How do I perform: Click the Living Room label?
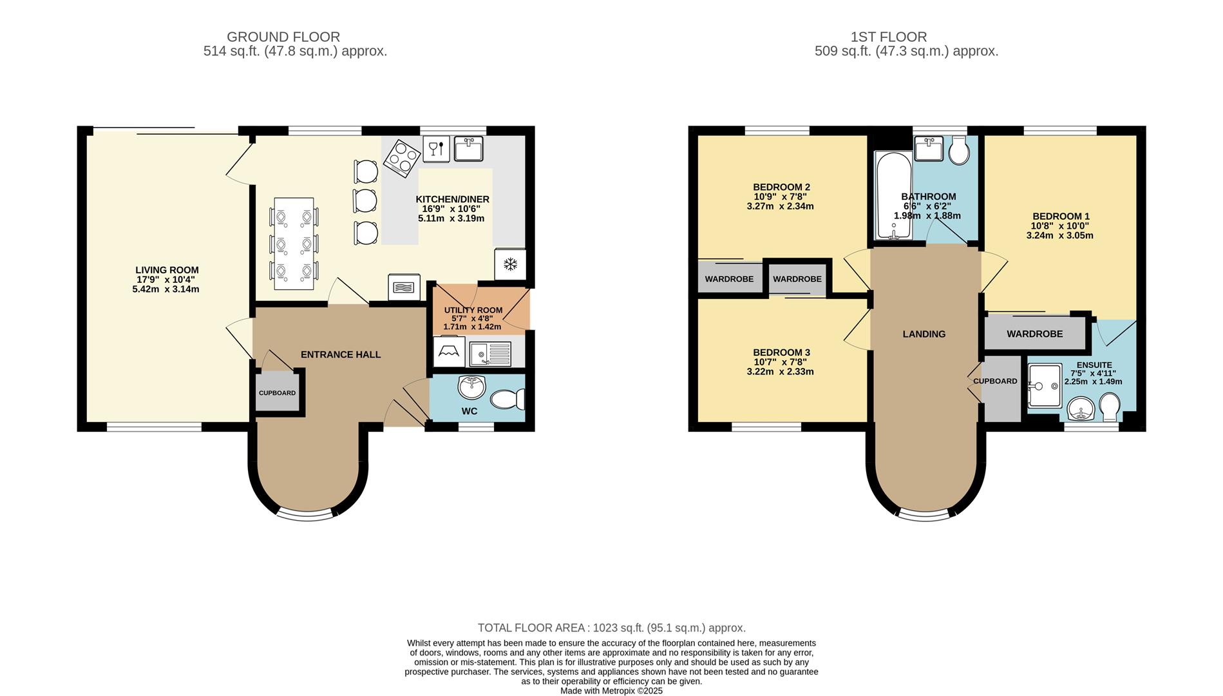coord(167,270)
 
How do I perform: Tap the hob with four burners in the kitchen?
coord(403,158)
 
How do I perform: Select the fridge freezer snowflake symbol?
coord(510,264)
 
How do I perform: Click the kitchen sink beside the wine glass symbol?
coord(468,148)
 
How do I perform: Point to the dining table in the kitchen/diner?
coord(294,244)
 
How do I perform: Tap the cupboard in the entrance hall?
coord(278,392)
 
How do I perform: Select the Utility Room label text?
coord(473,310)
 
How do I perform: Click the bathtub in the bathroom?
coord(892,195)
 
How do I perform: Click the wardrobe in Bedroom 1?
coord(1035,334)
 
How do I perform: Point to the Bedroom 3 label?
coord(781,353)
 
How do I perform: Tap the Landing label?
coord(924,334)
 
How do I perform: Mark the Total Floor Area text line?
coord(611,628)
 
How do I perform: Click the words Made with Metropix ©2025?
coord(611,691)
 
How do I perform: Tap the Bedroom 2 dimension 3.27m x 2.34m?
coord(780,206)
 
